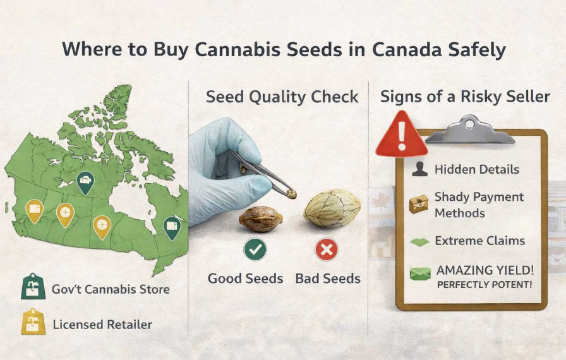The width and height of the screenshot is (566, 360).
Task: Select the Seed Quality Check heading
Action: pyautogui.click(x=282, y=97)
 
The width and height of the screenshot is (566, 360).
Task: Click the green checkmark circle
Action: pyautogui.click(x=255, y=250)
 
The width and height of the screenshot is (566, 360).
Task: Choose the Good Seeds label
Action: pyautogui.click(x=245, y=279)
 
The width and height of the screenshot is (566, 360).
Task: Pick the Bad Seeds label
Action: pyautogui.click(x=328, y=279)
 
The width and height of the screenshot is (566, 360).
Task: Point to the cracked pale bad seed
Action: pyautogui.click(x=332, y=209)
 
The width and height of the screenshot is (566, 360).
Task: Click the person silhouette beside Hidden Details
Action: pyautogui.click(x=419, y=169)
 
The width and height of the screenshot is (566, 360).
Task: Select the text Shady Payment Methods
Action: pyautogui.click(x=479, y=205)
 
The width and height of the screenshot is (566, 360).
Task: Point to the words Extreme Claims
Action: pyautogui.click(x=479, y=241)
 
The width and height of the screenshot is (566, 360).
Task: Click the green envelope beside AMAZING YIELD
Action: pyautogui.click(x=419, y=274)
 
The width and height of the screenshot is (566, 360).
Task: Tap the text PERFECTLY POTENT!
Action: pyautogui.click(x=485, y=285)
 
